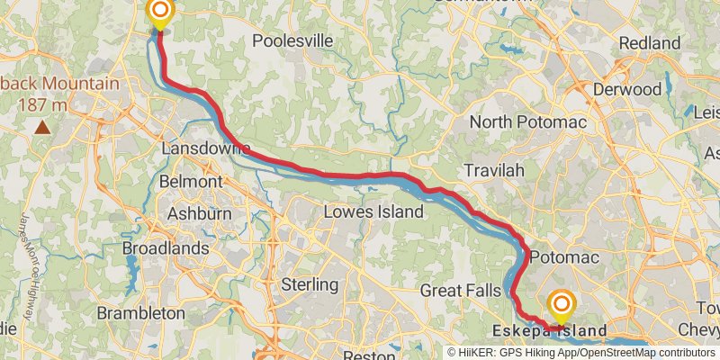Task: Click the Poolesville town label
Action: pyautogui.click(x=292, y=40)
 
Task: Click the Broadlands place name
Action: pyautogui.click(x=166, y=247)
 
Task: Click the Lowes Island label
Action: pyautogui.click(x=373, y=212)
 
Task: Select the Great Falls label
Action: pyautogui.click(x=460, y=291)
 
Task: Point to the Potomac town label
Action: pyautogui.click(x=564, y=258)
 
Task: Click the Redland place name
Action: pyautogui.click(x=650, y=43)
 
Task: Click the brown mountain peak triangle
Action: pyautogui.click(x=41, y=127)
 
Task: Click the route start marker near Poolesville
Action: pyautogui.click(x=160, y=12)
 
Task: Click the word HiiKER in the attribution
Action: pyautogui.click(x=484, y=353)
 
